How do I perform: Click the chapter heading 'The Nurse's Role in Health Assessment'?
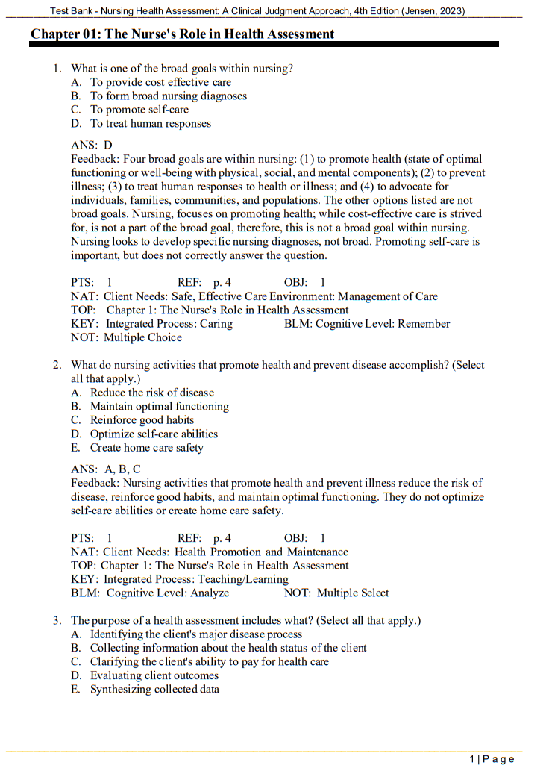tap(182, 34)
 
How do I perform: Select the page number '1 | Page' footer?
tap(492, 759)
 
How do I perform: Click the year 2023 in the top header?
tap(450, 11)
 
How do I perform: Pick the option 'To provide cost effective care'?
tap(160, 82)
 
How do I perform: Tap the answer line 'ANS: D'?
tap(92, 145)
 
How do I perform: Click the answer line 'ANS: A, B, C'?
tap(106, 469)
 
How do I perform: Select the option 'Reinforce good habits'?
tap(142, 420)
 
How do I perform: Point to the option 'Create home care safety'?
tap(146, 448)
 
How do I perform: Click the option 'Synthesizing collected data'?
tap(154, 690)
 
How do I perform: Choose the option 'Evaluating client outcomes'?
tap(154, 675)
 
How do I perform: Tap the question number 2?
tap(57, 365)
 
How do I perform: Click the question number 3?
tap(57, 620)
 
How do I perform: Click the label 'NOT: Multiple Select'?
tap(336, 593)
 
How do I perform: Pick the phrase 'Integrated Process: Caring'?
tap(169, 324)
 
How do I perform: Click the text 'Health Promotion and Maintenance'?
tap(261, 552)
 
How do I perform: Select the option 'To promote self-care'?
tap(139, 110)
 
